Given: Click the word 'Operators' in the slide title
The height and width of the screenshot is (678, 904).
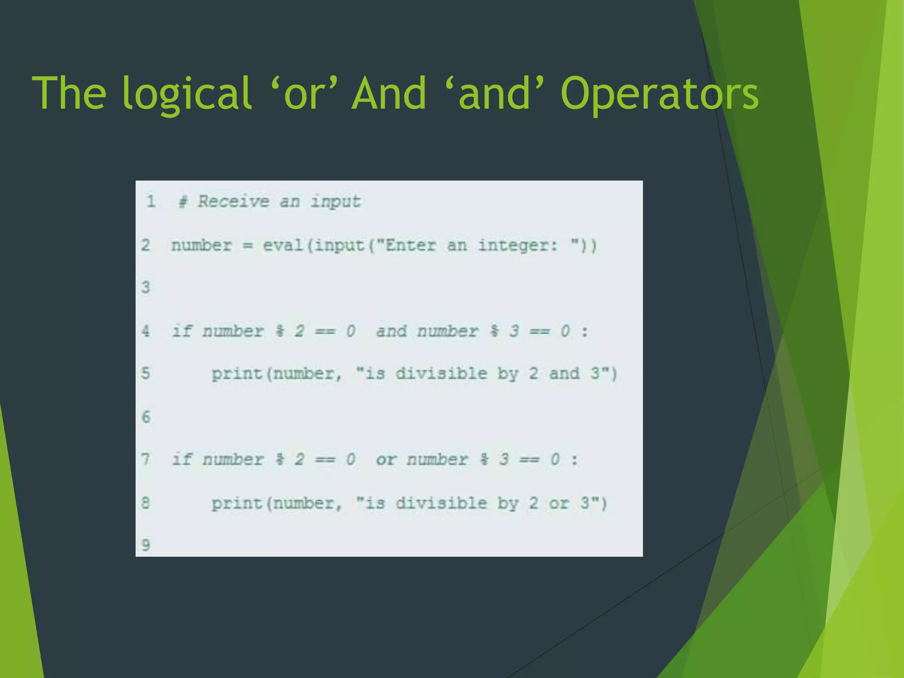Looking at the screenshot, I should [x=659, y=94].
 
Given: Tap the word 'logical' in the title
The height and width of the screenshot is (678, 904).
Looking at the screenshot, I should [x=187, y=94].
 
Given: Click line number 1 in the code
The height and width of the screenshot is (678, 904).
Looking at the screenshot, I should [x=151, y=201].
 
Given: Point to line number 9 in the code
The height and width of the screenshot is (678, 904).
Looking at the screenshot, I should [x=146, y=545].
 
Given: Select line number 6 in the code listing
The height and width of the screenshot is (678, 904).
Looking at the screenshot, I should [x=146, y=417].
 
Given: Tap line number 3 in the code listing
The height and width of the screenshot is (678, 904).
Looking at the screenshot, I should [x=146, y=287].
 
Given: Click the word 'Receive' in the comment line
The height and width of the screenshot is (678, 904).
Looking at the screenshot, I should [x=233, y=201].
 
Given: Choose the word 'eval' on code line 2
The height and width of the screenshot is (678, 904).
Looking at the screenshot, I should [x=282, y=245].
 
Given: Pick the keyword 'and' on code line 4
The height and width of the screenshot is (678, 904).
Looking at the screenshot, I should [x=391, y=331].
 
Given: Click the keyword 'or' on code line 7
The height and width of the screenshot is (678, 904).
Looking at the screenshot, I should [x=386, y=460].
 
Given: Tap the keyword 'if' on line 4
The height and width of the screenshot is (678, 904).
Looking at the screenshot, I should [x=182, y=331].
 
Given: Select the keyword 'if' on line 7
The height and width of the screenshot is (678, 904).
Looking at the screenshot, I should [x=182, y=459].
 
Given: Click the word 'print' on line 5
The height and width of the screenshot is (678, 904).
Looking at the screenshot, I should [x=237, y=374].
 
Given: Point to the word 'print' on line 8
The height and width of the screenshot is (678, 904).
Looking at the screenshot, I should [x=237, y=503].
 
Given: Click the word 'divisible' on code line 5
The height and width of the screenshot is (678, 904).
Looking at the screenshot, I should [x=441, y=373].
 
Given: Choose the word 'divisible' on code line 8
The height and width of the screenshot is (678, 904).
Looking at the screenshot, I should [x=441, y=503].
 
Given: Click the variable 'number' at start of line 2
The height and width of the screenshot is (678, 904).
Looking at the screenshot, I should [x=201, y=245].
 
